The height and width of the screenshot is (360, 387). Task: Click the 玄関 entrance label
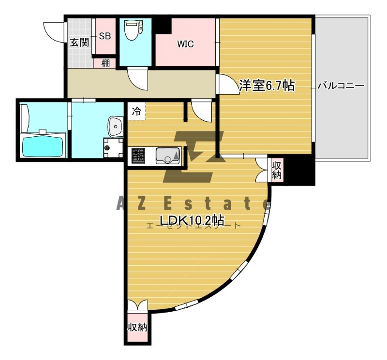click(x=79, y=43)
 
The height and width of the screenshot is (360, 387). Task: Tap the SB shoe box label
click(x=105, y=36)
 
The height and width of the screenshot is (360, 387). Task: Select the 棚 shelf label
click(x=105, y=63)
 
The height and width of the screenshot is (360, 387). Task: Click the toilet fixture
click(x=134, y=30)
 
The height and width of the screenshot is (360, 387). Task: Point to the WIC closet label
click(x=185, y=44)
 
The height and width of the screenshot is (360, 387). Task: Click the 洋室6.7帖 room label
click(x=267, y=86)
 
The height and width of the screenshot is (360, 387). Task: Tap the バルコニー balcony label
click(x=341, y=86)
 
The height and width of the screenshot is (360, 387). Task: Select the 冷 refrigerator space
click(x=136, y=111)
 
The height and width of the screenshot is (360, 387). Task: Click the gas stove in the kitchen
click(x=138, y=156)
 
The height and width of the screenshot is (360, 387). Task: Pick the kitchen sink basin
click(x=167, y=156)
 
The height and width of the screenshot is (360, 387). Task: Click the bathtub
click(x=43, y=147)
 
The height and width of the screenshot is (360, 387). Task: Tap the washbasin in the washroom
click(x=116, y=126)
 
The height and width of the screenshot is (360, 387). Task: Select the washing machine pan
click(x=113, y=148)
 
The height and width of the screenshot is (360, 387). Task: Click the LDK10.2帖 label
click(x=192, y=220)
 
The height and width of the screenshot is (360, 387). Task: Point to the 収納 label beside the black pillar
click(x=276, y=170)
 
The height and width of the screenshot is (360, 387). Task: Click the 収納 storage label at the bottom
click(x=137, y=327)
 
